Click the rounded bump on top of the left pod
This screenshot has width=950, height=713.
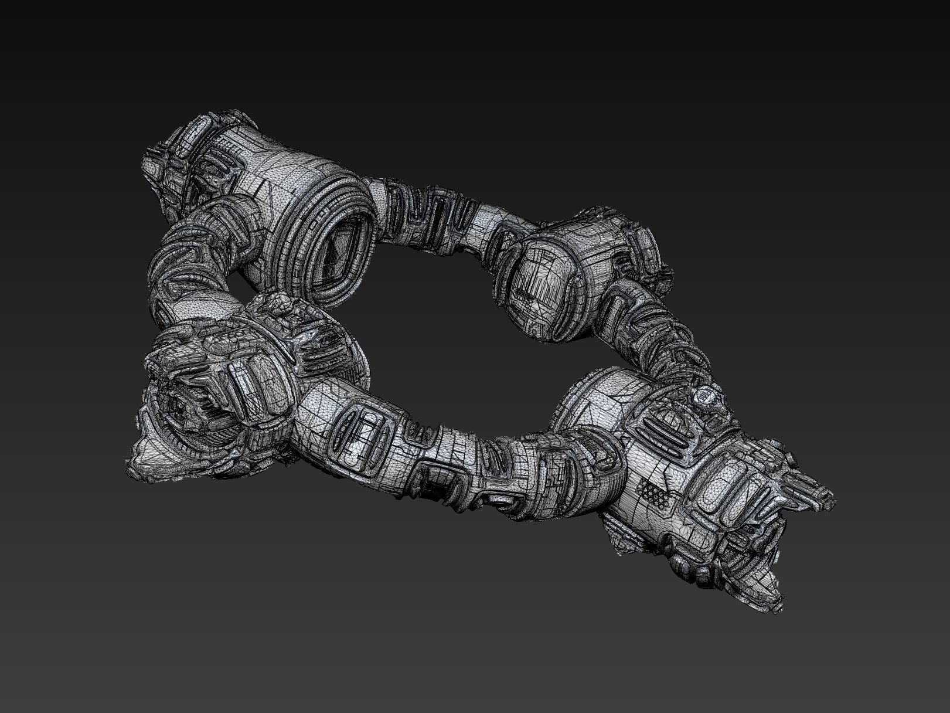tap(275, 305)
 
